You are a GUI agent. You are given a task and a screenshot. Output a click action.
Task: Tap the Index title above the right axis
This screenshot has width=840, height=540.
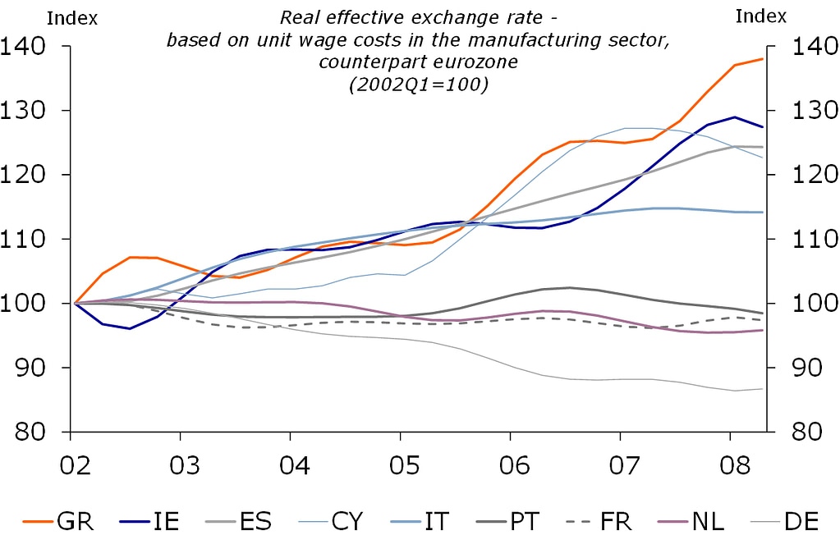coord(760,16)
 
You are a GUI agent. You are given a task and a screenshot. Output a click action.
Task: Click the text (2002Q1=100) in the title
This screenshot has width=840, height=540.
coord(419,85)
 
